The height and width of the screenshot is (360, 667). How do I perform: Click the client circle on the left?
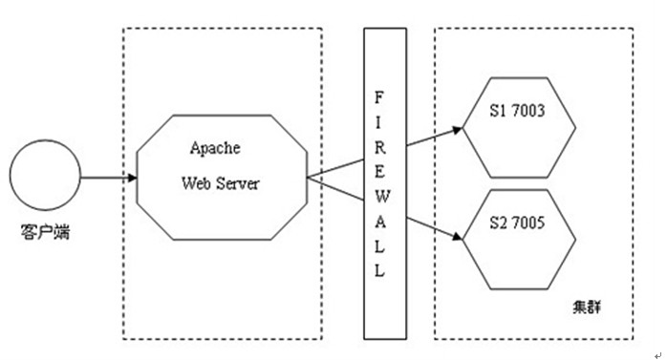45,178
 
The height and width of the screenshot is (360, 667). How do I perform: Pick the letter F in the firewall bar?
379,95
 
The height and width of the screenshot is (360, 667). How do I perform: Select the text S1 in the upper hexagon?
493,112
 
